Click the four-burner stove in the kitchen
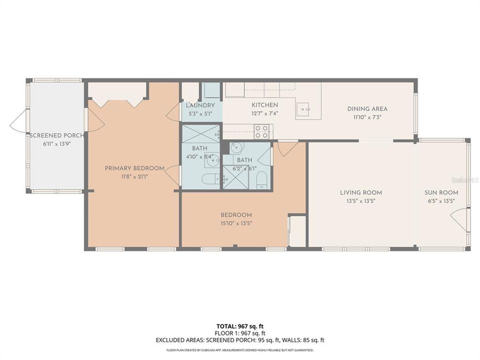pos(261,131)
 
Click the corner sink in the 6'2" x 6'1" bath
pos(236,148)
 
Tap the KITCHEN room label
pos(264,105)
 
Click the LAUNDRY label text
pos(200,105)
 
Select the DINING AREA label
pos(367,109)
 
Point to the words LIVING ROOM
pos(361,192)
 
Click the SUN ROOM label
pos(441,192)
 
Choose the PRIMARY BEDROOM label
pos(134,168)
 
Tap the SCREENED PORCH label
pos(56,135)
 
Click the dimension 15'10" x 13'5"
pos(236,223)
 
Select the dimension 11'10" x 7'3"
pos(367,117)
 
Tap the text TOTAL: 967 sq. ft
pos(240,325)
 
